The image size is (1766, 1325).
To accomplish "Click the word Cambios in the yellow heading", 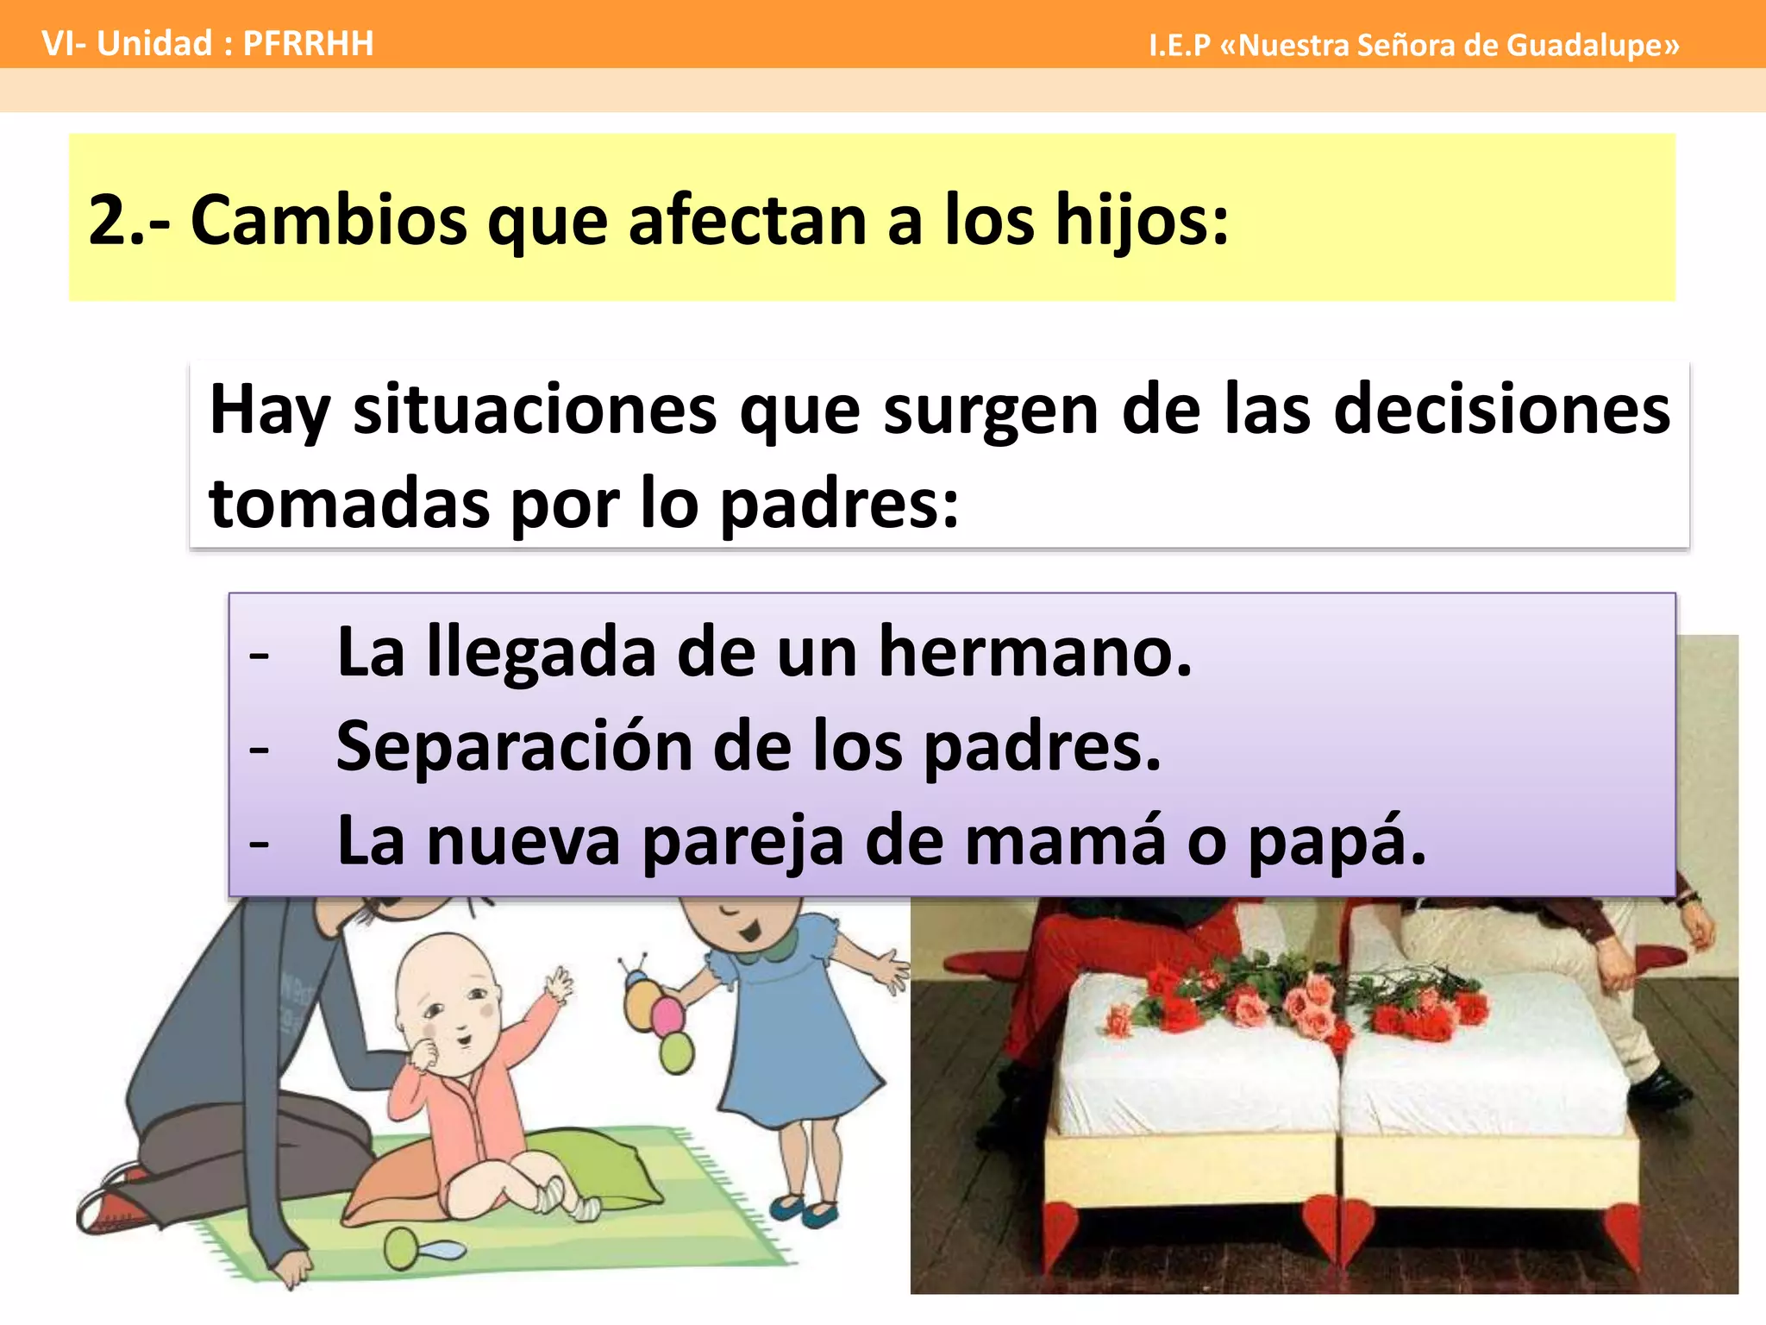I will pyautogui.click(x=328, y=220).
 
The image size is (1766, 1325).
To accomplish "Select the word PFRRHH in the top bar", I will pyautogui.click(x=308, y=43).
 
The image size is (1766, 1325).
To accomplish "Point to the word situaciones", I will pyautogui.click(x=535, y=409).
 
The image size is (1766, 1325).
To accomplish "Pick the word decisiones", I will pyautogui.click(x=1501, y=409).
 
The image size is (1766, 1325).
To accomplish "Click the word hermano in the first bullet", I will pyautogui.click(x=1035, y=652).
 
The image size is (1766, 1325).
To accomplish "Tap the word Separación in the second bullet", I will pyautogui.click(x=514, y=746).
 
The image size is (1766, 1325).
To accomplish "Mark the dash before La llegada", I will pyautogui.click(x=259, y=656).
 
